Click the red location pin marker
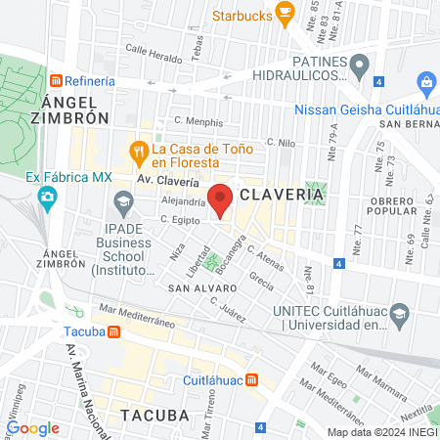tap(220, 199)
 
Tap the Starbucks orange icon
tap(286, 13)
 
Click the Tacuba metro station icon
tap(114, 331)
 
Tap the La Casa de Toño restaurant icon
tap(138, 151)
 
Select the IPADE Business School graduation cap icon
tap(123, 204)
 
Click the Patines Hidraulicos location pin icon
tap(361, 67)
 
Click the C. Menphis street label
tap(198, 123)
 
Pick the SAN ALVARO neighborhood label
tap(201, 289)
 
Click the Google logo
tap(33, 427)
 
